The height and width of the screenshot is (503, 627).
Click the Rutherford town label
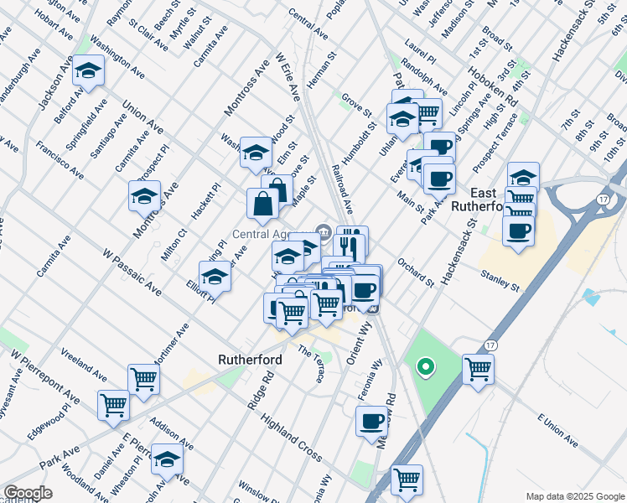tap(250, 359)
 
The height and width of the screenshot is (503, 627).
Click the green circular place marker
tap(425, 366)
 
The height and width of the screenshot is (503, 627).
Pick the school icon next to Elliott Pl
tap(215, 276)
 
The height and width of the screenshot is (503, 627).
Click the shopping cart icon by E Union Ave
tap(478, 369)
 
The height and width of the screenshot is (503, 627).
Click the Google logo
tap(28, 493)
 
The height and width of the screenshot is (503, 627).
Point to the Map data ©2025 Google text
tap(574, 496)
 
